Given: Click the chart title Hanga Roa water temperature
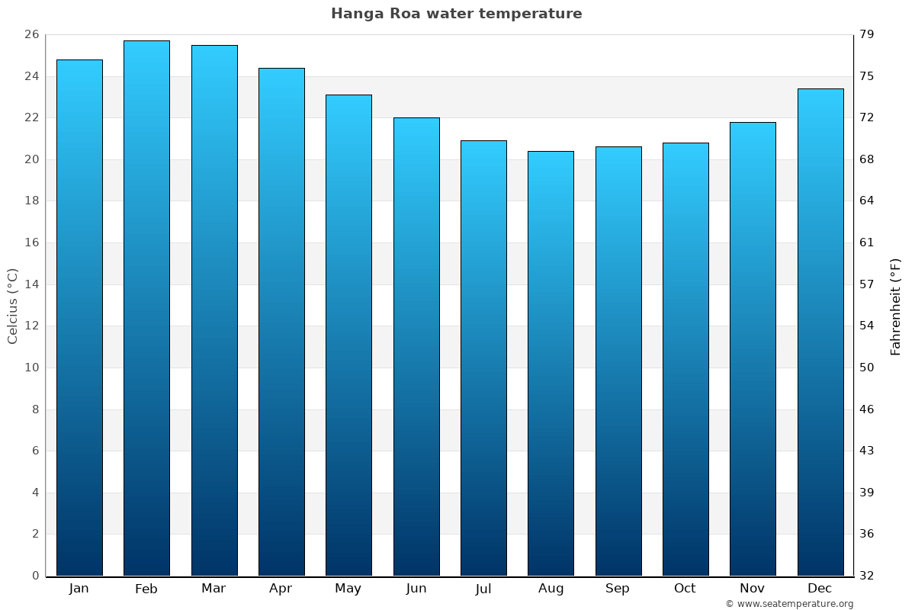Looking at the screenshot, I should click(456, 14).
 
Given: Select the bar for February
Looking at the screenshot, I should click(146, 308).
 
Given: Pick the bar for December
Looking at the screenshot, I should click(820, 332).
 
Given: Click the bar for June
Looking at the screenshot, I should click(416, 346).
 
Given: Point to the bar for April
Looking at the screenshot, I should click(281, 322).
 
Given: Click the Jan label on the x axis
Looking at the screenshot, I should click(79, 589).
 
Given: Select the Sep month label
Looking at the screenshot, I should click(618, 589).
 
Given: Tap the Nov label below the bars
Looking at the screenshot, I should click(753, 589).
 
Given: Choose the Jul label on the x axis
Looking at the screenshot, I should click(483, 589).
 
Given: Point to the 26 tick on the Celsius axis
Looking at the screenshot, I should click(31, 34).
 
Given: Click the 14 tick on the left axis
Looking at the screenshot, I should click(31, 284).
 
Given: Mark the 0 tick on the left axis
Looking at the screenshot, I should click(35, 576).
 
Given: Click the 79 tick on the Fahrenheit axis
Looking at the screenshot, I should click(867, 34).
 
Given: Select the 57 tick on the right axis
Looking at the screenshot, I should click(867, 284).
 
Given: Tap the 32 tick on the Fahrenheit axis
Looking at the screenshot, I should click(867, 576).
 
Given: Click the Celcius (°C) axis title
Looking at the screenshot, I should click(12, 306).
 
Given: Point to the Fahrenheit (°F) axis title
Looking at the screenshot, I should click(895, 307).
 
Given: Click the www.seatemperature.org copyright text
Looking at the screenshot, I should click(789, 604).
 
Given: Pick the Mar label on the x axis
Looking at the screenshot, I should click(213, 589).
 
